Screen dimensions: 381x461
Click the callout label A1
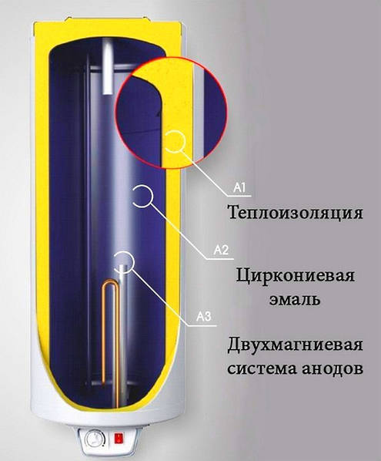tap(239, 187)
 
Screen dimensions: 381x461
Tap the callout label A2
tap(221, 251)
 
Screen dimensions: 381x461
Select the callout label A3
tap(203, 317)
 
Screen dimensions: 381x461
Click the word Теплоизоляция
tap(296, 213)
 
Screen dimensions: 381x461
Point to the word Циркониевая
tap(296, 277)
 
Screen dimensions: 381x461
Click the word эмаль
tap(295, 300)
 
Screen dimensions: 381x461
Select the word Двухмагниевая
tap(295, 345)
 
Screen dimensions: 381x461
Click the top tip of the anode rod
tap(123, 265)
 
